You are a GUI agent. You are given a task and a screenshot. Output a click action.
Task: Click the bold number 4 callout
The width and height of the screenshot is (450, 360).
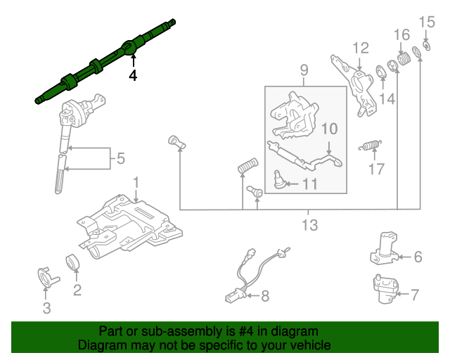click(x=132, y=75)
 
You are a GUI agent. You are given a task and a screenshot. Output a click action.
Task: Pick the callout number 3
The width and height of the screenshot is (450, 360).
click(x=46, y=308)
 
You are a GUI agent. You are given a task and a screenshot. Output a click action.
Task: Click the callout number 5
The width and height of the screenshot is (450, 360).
click(x=121, y=160)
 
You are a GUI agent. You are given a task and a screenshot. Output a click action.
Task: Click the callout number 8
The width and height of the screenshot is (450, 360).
click(x=264, y=297)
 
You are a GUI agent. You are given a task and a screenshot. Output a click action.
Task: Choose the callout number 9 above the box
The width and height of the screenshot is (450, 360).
click(x=304, y=70)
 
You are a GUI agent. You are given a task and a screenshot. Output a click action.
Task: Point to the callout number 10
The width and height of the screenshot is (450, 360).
click(x=330, y=129)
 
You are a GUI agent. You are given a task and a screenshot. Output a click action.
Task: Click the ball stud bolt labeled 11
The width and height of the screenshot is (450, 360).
click(x=278, y=181)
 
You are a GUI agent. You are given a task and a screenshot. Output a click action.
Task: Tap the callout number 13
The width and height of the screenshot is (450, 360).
click(x=309, y=225)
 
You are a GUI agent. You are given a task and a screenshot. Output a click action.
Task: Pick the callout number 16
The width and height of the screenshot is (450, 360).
click(x=401, y=34)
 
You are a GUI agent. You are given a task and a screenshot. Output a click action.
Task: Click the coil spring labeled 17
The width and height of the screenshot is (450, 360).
click(x=371, y=146)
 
